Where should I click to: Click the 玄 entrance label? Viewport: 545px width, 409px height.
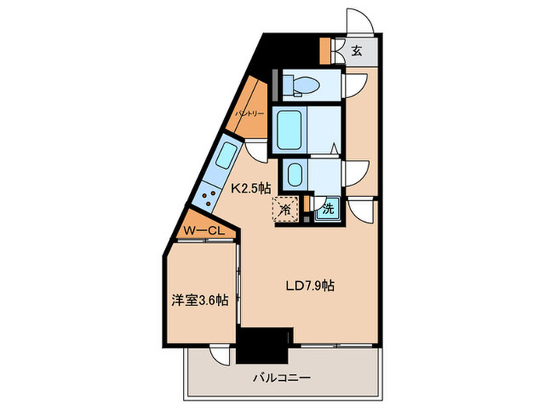[357, 51]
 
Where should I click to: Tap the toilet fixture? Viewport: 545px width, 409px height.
[301, 85]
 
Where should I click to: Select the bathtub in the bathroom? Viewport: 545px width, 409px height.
[289, 130]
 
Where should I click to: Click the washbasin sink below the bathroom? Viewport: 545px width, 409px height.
[295, 175]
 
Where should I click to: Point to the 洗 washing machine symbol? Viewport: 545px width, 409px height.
[328, 209]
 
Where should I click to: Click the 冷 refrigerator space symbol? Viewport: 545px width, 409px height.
[286, 210]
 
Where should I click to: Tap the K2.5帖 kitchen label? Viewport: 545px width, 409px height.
[251, 189]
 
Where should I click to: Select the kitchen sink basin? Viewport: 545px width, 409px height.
[227, 156]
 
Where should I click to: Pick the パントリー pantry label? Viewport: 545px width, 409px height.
[250, 114]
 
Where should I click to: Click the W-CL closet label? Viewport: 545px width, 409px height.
[204, 231]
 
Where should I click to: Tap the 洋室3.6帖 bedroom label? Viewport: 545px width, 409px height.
[200, 300]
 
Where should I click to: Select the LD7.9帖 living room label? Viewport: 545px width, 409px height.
[310, 286]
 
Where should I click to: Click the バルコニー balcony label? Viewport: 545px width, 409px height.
[282, 378]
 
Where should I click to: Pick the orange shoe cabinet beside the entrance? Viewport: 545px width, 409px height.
[325, 51]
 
